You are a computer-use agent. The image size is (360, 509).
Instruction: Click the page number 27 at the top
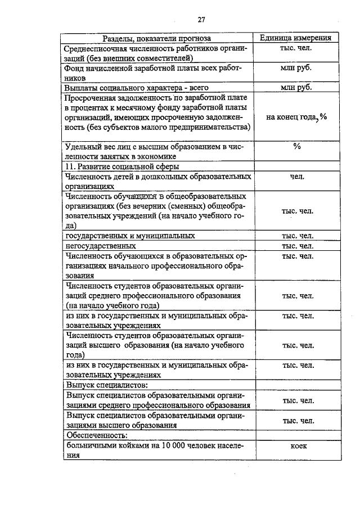[x=201, y=20]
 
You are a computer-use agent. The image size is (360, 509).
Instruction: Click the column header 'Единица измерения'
[x=295, y=38]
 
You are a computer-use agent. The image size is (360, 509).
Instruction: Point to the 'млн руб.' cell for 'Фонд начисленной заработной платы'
[x=296, y=69]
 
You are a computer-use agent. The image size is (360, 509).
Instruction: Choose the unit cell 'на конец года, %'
[x=296, y=116]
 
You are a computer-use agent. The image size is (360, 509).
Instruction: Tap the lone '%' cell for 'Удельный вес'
[x=296, y=147]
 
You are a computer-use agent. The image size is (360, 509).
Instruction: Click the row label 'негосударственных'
[x=101, y=246]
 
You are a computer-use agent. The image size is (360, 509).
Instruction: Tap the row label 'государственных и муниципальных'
[x=130, y=236]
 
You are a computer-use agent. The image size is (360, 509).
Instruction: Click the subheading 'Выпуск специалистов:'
[x=107, y=385]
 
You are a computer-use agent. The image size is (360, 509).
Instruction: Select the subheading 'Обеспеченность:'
[x=96, y=435]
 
